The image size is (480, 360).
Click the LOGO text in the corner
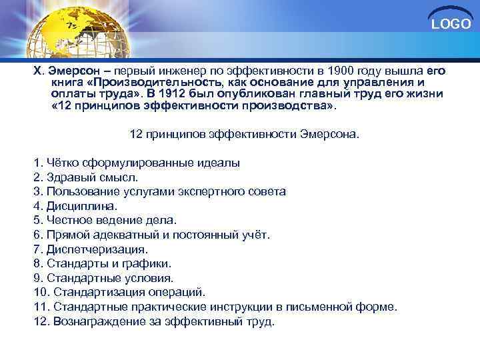pyautogui.click(x=451, y=25)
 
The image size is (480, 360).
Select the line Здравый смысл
pyautogui.click(x=86, y=177)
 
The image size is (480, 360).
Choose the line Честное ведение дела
pyautogui.click(x=105, y=220)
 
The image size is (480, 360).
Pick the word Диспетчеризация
pyautogui.click(x=97, y=249)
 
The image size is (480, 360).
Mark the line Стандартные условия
pyautogui.click(x=103, y=278)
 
